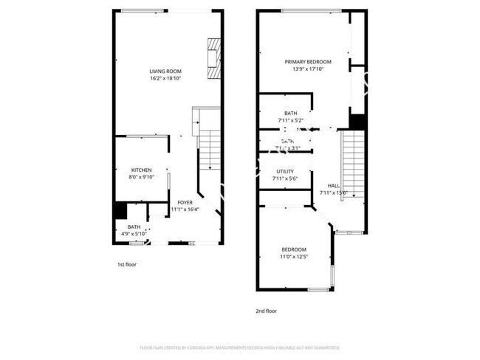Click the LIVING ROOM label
pos(165,70)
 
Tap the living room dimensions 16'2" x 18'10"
pos(165,77)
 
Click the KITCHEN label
pos(142,170)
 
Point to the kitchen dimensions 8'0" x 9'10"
pos(142,177)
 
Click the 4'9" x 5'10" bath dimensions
pos(134,233)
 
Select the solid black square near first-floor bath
pos(119,210)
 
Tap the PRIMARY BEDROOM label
pos(308,62)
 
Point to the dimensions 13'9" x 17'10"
pos(308,70)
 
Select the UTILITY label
pos(285,171)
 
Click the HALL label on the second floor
pos(334,185)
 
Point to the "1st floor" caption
pos(126,264)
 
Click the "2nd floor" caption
pos(266,311)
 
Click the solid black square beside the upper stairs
pos(357,121)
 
